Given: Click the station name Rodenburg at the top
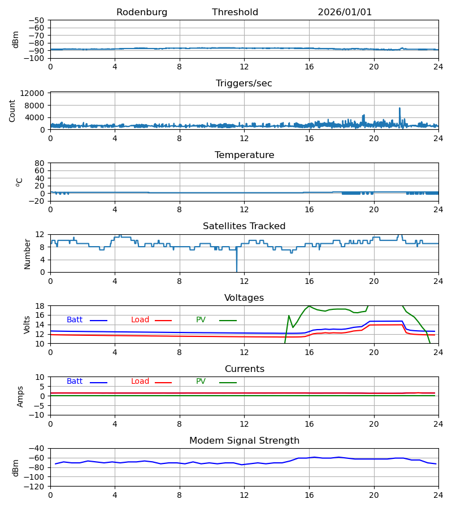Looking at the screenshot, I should (142, 12).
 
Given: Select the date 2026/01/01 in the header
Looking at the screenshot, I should (345, 12).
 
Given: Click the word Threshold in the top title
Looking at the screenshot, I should (235, 12).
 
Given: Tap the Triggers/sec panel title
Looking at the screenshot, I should (244, 84).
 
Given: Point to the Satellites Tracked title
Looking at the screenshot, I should (244, 226).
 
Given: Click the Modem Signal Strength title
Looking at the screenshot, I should (244, 441).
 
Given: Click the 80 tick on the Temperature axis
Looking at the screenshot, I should (40, 163).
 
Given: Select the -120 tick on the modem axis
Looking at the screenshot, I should (36, 486).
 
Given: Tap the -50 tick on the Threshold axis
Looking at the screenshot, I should (38, 20).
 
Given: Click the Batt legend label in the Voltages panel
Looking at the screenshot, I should (75, 320).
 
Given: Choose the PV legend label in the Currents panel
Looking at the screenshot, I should (201, 382).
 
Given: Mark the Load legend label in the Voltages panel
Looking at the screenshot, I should (140, 320).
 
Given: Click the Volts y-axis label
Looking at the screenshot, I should (27, 325).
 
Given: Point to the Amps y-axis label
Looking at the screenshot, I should (21, 396).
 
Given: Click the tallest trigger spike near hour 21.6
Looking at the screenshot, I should (399, 108).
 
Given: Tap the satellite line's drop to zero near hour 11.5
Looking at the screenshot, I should (237, 270).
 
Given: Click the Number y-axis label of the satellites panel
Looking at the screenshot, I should (27, 253).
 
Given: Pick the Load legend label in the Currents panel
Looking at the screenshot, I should (140, 382).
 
